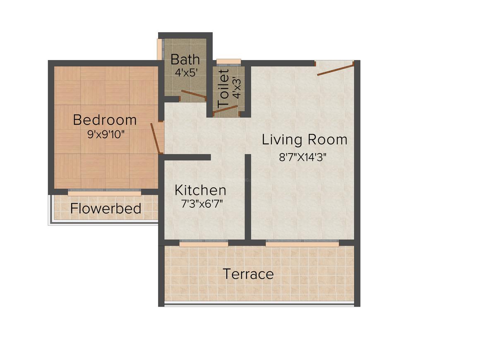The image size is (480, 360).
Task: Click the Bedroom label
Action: pyautogui.click(x=105, y=120)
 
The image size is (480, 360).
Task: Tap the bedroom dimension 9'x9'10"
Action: pyautogui.click(x=106, y=135)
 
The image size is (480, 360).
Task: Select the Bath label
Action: pyautogui.click(x=185, y=59)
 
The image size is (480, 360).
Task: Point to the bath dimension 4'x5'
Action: pyautogui.click(x=185, y=72)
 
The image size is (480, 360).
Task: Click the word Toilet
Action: pyautogui.click(x=223, y=89)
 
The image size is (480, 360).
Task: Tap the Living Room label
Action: pyautogui.click(x=305, y=140)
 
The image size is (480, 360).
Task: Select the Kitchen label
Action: pyautogui.click(x=200, y=190)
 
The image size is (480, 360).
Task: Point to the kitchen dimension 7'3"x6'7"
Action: pyautogui.click(x=200, y=204)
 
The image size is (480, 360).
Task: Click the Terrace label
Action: pyautogui.click(x=248, y=274)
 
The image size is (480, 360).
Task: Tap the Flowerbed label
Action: pyautogui.click(x=106, y=209)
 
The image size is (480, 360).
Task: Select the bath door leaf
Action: pyautogui.click(x=194, y=95)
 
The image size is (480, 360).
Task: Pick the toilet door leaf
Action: pyautogui.click(x=226, y=110)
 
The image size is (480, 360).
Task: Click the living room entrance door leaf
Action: pyautogui.click(x=336, y=69)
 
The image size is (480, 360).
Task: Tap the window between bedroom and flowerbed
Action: pyautogui.click(x=104, y=192)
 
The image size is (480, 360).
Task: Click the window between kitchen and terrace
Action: pyautogui.click(x=204, y=243)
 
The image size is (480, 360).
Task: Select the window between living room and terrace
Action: pyautogui.click(x=302, y=243)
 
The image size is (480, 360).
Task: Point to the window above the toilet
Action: pyautogui.click(x=228, y=62)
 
